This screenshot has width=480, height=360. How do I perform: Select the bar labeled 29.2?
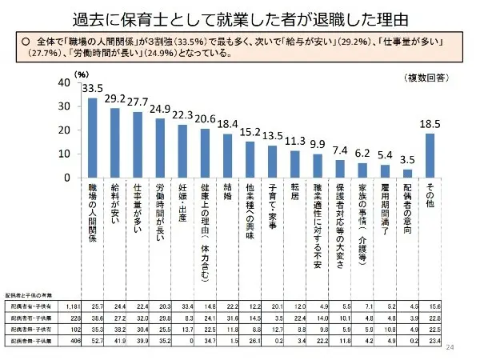(114, 142)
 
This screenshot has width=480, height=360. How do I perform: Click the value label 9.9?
(318, 144)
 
